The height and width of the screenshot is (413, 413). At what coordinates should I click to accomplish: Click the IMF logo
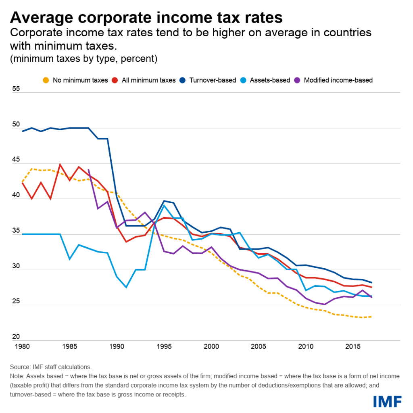[387, 401]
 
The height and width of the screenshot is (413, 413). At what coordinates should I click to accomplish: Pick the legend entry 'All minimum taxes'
[144, 80]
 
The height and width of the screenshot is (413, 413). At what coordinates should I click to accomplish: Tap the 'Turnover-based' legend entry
[210, 80]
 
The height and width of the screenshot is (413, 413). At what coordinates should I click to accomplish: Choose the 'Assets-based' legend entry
[266, 80]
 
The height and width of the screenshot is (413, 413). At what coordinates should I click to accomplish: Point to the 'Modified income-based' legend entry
[334, 80]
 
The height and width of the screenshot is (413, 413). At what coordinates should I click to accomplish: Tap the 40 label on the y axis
[17, 195]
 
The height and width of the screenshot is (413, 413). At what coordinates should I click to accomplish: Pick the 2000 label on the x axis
[211, 346]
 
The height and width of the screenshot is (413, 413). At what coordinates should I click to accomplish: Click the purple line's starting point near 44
[88, 170]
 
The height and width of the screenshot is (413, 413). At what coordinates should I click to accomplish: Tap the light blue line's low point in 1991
[126, 287]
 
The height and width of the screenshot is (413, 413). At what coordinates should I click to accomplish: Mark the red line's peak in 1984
[60, 165]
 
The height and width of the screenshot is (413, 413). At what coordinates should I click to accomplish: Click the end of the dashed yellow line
[371, 317]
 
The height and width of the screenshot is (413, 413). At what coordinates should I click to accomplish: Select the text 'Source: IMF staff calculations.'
[51, 367]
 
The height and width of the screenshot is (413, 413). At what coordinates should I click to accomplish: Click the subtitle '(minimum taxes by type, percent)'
[83, 58]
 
